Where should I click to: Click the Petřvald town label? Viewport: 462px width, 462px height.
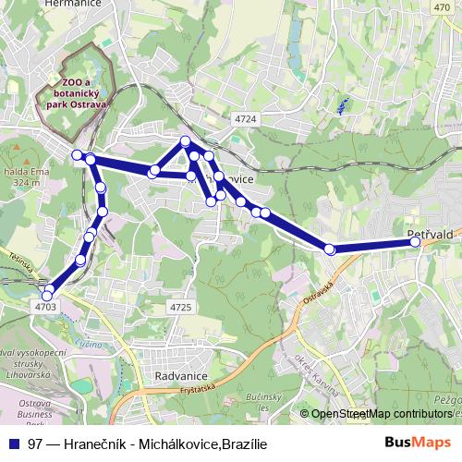[x=429, y=235]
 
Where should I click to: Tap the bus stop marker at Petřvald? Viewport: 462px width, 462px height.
[x=415, y=242]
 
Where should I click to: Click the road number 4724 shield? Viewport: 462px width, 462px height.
[x=246, y=120]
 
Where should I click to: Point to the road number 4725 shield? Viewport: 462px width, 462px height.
[x=181, y=307]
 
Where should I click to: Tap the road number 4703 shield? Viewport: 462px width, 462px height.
[x=46, y=306]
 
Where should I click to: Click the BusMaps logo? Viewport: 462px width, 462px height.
[x=419, y=444]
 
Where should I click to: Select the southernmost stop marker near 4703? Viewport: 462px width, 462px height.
[x=47, y=296]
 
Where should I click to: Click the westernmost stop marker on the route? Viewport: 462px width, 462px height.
[x=78, y=154]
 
